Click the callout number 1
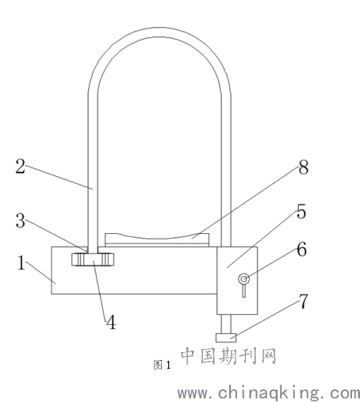[21, 262]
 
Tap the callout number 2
[21, 167]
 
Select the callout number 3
[21, 220]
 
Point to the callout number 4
[111, 322]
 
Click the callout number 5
[301, 211]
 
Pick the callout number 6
[301, 249]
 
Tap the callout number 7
[303, 301]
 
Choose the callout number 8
[304, 167]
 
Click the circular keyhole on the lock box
[243, 279]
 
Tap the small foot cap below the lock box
[226, 338]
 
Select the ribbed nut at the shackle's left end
[93, 259]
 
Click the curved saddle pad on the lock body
[157, 240]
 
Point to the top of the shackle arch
[159, 33]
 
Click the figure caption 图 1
[162, 365]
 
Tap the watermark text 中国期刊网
[228, 356]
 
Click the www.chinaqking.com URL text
[269, 393]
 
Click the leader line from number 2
[59, 178]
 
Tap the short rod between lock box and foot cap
[226, 324]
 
